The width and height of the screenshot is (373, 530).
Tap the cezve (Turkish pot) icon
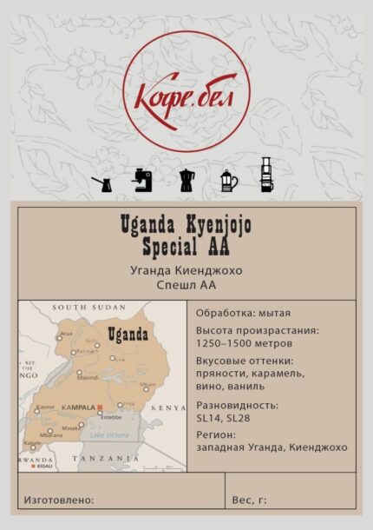tap(101, 181)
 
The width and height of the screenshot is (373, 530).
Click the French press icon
tap(228, 179)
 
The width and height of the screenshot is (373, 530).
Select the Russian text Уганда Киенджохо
tap(186, 270)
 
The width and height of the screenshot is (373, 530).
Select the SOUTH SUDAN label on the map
tap(83, 308)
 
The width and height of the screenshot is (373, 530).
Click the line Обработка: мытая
tap(243, 313)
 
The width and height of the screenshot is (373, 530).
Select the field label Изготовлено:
tap(59, 500)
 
